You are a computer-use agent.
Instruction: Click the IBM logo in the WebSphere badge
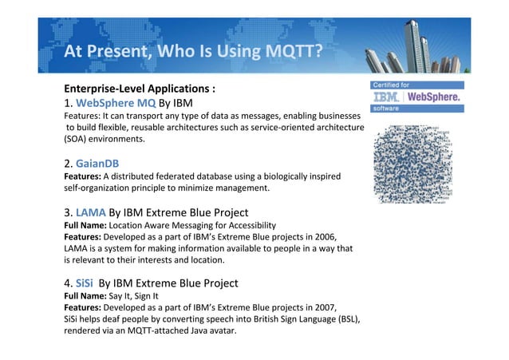pos(389,97)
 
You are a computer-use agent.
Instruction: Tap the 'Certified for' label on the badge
pos(393,84)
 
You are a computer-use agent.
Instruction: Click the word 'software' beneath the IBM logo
pos(389,109)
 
